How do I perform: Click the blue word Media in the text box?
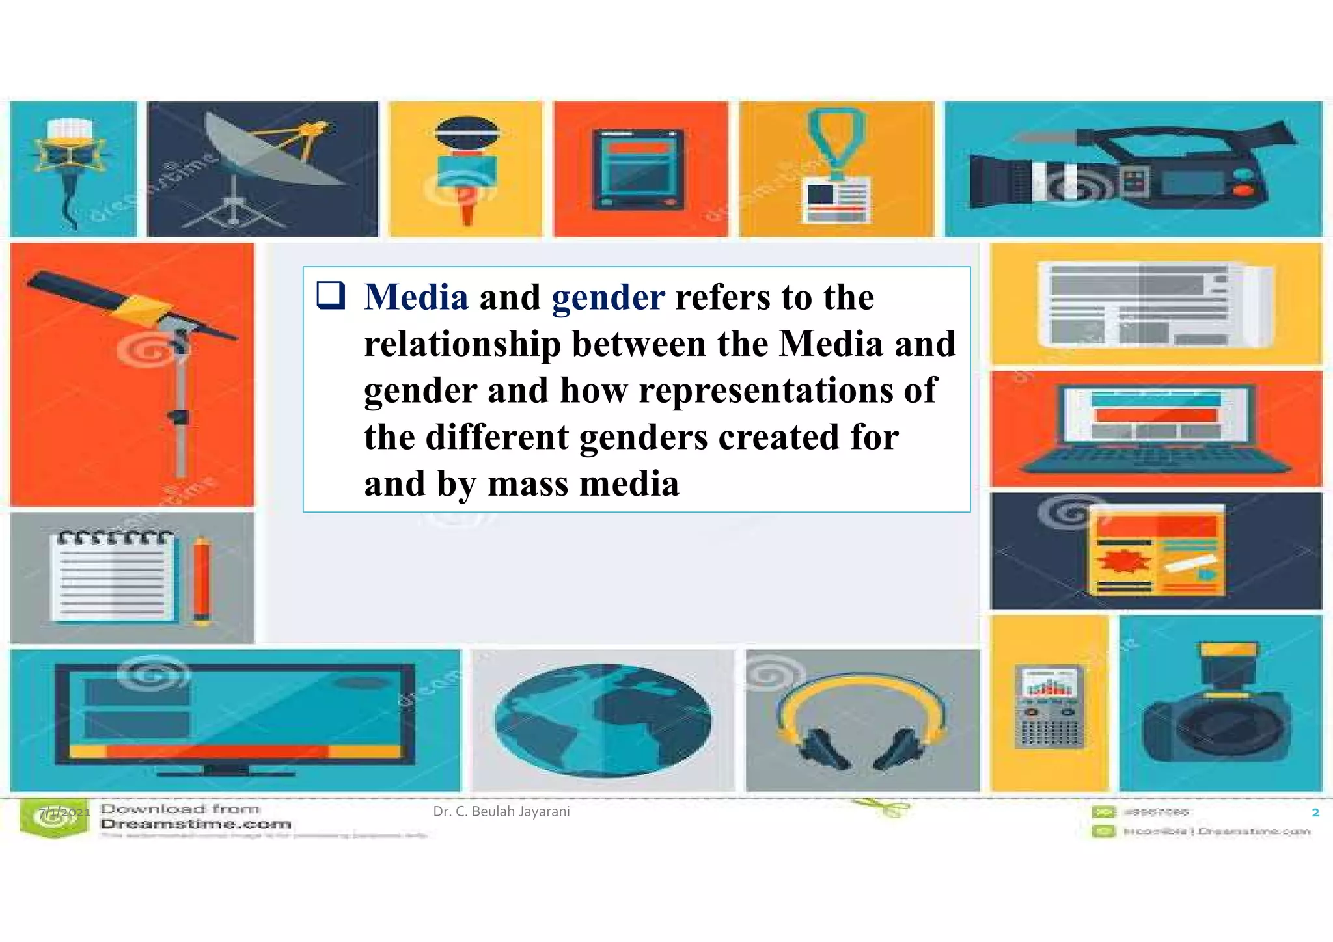(x=416, y=297)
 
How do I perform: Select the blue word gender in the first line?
(x=608, y=297)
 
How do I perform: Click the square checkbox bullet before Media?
(x=331, y=295)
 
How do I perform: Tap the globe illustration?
(x=603, y=720)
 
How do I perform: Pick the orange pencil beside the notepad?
(x=202, y=581)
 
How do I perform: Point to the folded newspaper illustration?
(x=1155, y=304)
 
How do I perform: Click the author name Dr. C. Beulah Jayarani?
(x=501, y=812)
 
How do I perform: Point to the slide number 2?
(x=1315, y=813)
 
